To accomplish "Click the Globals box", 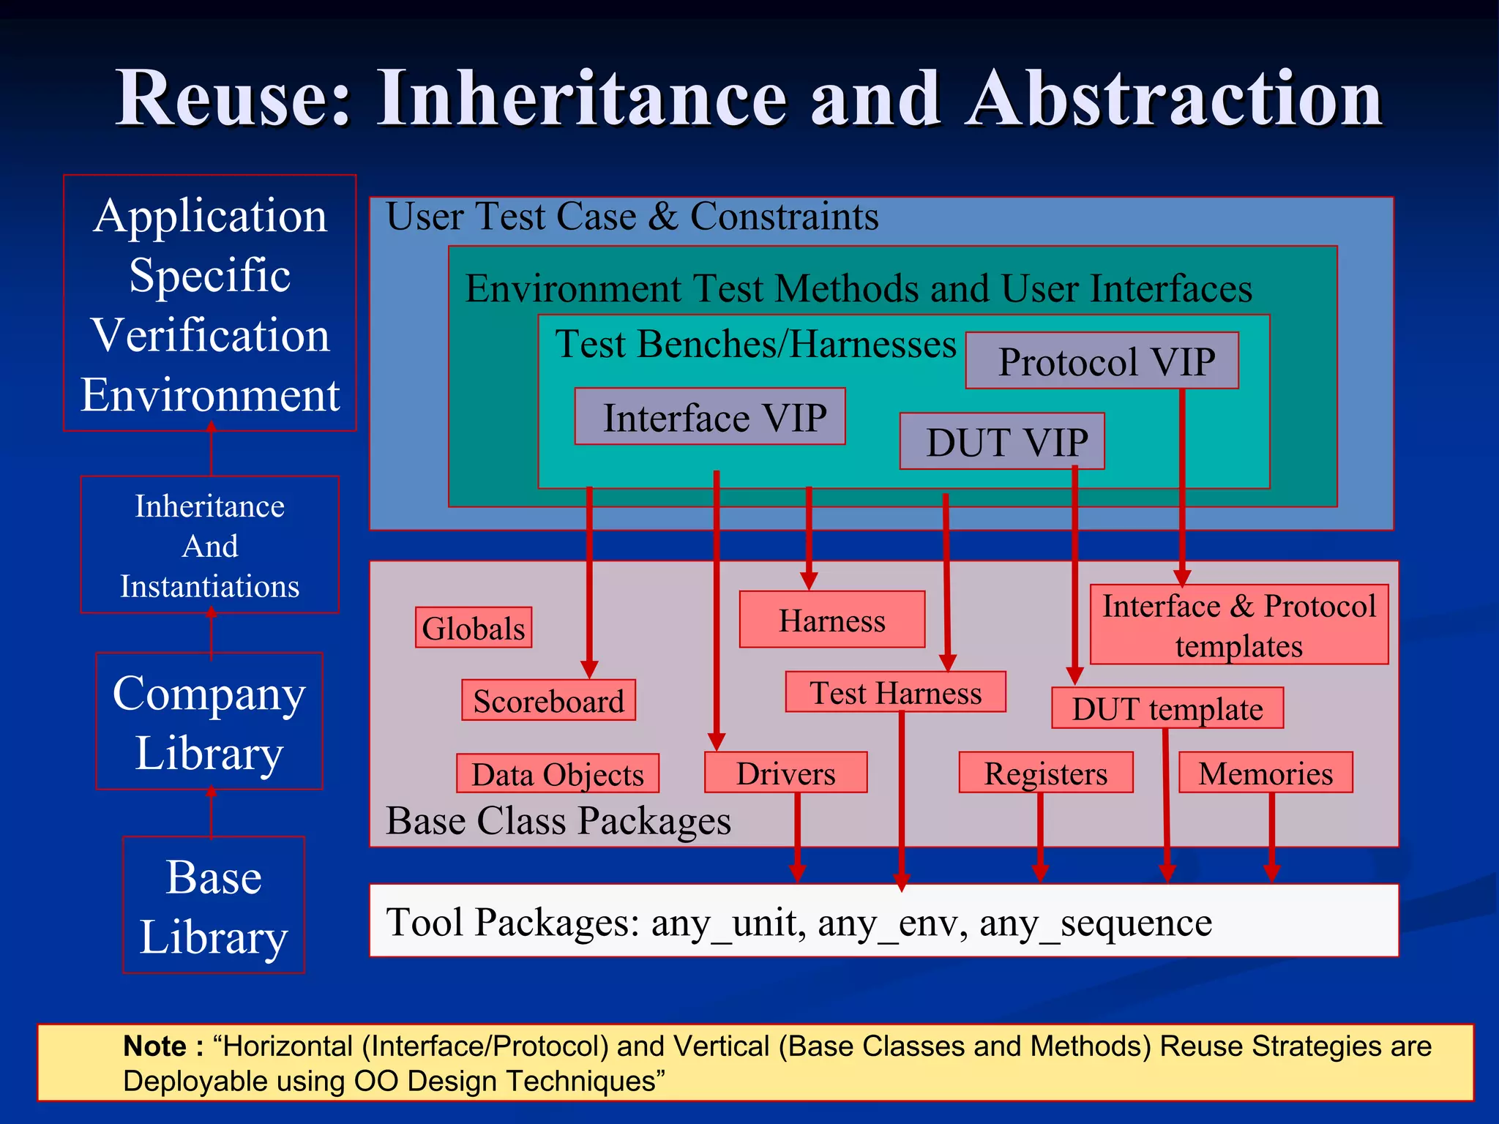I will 474,628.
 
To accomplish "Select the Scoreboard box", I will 548,700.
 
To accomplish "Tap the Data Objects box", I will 557,773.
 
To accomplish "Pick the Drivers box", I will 785,773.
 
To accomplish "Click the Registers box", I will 1045,773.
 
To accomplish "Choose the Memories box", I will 1266,773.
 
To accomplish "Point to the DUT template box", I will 1167,708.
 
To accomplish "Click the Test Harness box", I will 895,692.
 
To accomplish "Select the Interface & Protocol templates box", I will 1238,624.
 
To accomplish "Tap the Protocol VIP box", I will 1102,361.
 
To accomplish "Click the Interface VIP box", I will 710,417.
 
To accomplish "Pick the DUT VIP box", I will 1002,441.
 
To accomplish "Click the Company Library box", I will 209,722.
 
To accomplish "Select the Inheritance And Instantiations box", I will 210,545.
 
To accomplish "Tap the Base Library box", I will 214,905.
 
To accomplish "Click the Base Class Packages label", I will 558,820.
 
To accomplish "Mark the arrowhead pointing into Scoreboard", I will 589,669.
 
